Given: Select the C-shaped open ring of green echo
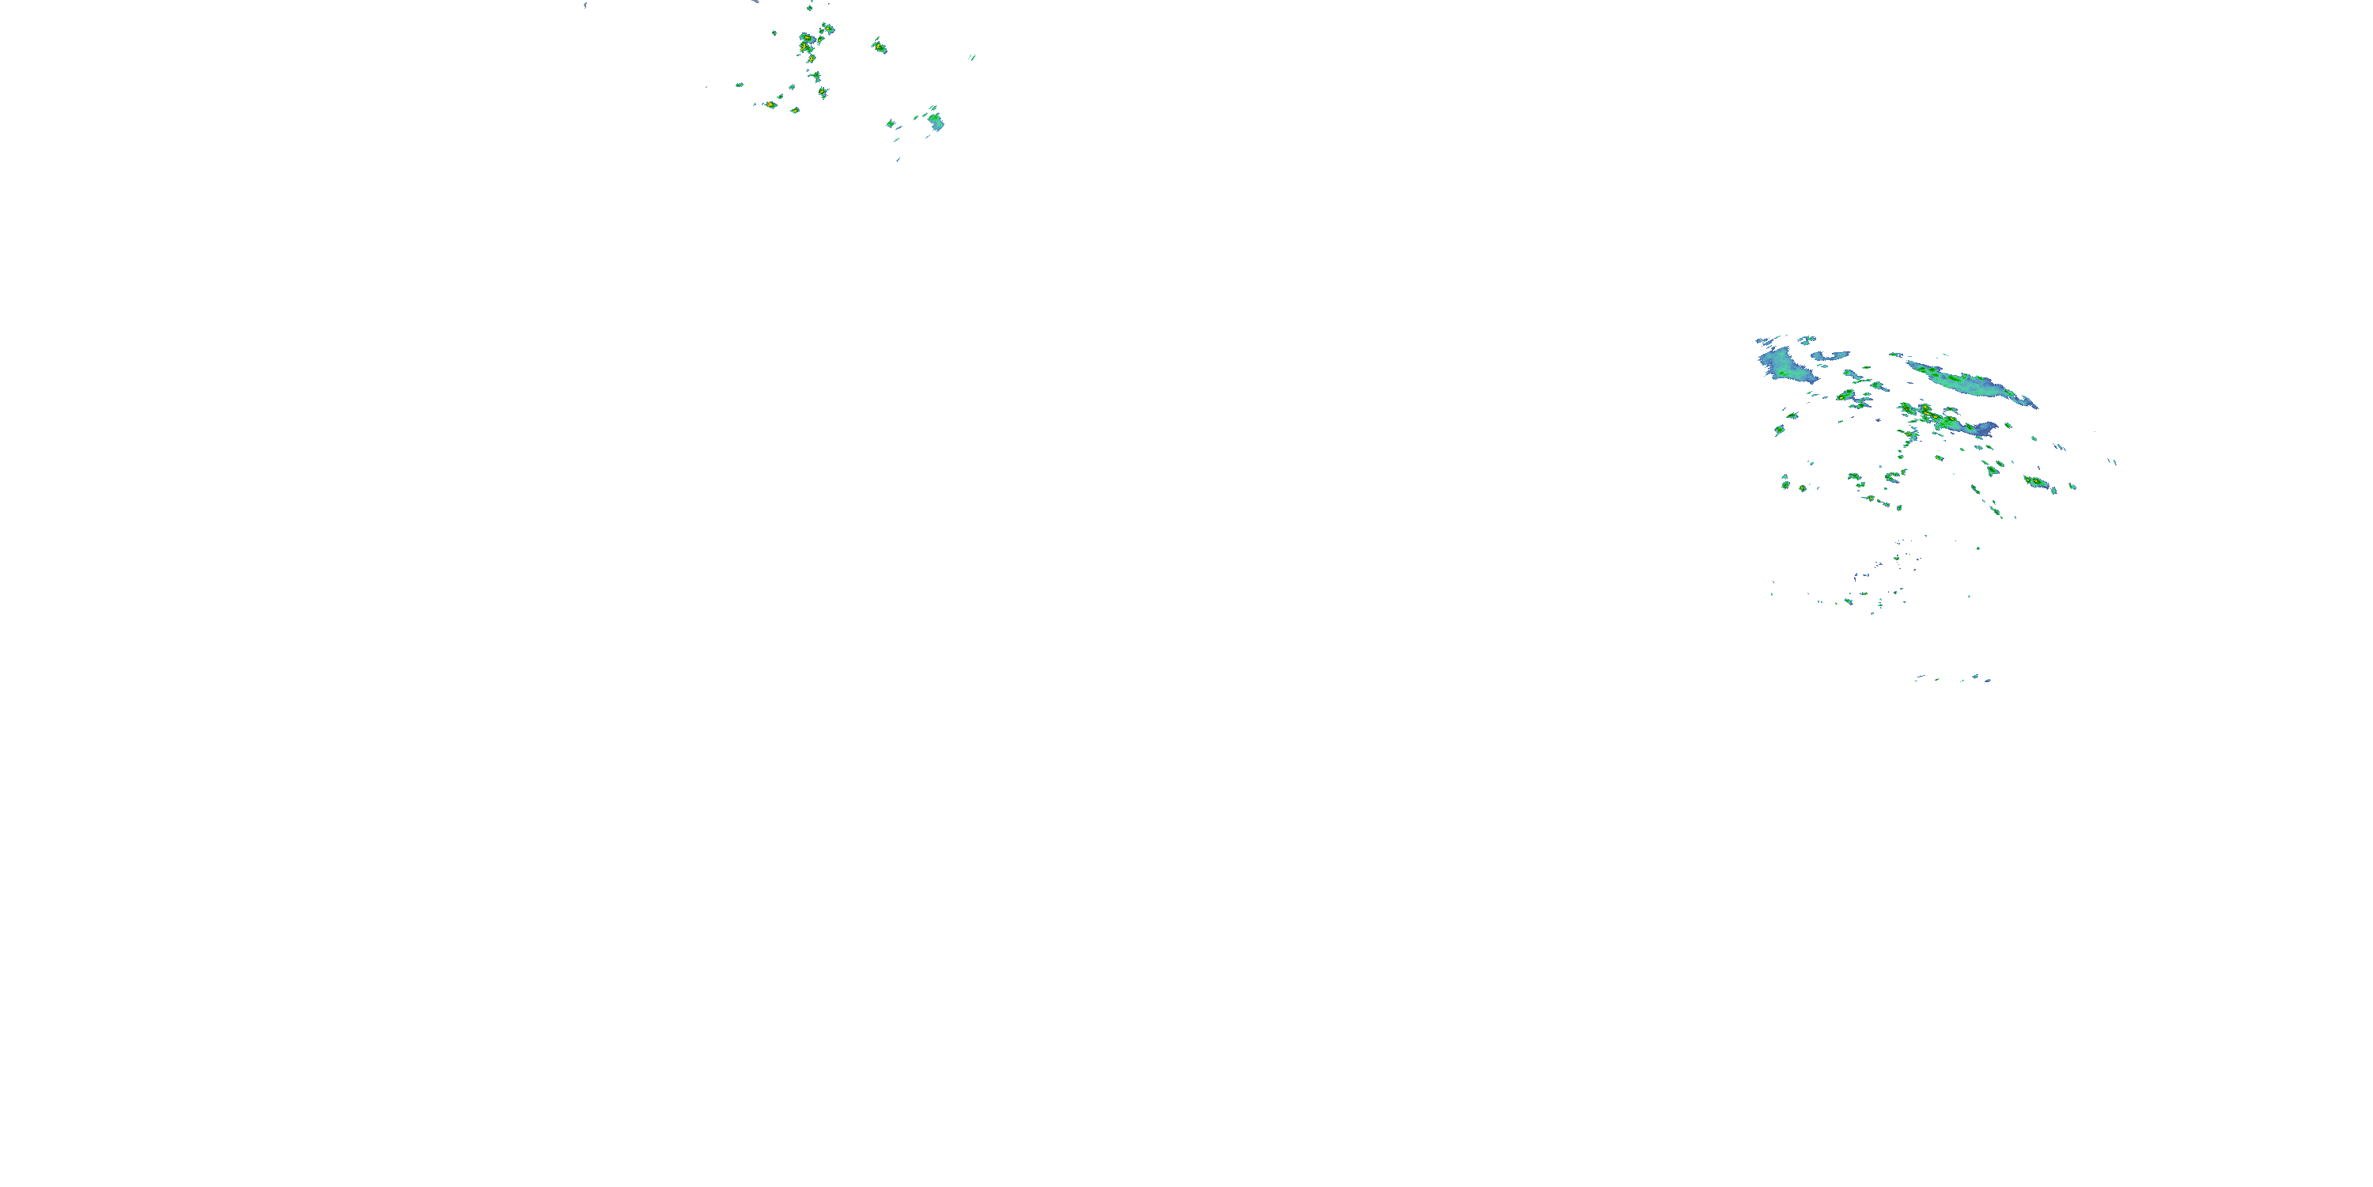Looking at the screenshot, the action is (x=1992, y=470).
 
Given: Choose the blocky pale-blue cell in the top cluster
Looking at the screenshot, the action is (x=936, y=121).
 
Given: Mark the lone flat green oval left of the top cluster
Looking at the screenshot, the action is (x=739, y=85).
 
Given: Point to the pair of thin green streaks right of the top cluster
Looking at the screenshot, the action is (x=972, y=57).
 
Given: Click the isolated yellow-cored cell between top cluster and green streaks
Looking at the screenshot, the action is (x=880, y=45).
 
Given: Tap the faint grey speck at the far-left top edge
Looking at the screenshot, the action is (x=585, y=6).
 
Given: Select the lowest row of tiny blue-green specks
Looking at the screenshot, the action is (x=1953, y=679).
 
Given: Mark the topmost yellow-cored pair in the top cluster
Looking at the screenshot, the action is (x=827, y=29).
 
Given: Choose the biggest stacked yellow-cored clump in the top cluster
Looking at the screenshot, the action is (x=807, y=43).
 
